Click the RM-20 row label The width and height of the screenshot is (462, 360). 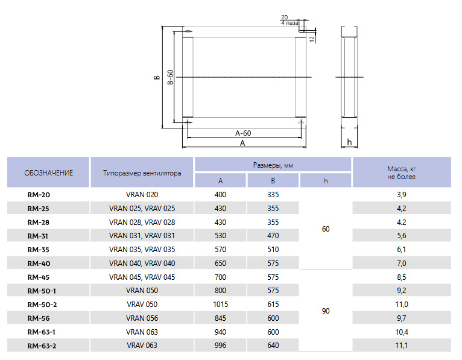click(x=39, y=195)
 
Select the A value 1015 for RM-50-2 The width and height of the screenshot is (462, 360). click(x=220, y=305)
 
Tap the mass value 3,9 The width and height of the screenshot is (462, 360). click(x=401, y=195)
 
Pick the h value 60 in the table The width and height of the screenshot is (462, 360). click(x=326, y=229)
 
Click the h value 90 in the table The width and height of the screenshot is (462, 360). click(x=326, y=311)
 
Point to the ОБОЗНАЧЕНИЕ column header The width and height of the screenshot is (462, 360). click(x=49, y=173)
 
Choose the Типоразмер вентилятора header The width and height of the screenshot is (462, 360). click(x=142, y=173)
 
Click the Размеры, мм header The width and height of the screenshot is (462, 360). click(x=273, y=165)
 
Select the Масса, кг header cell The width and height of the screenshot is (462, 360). click(x=402, y=172)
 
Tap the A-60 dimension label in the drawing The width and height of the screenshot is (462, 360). click(x=243, y=133)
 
